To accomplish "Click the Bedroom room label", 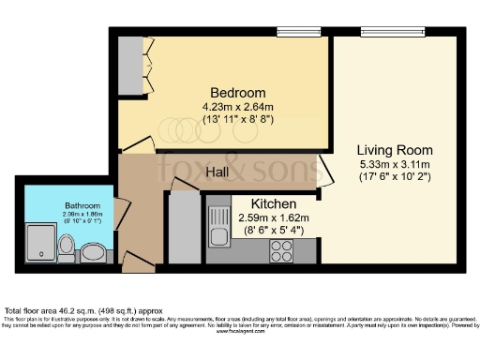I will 237,94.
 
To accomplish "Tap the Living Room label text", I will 395,150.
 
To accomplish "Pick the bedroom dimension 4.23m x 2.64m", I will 237,107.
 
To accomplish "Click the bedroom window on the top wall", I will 293,32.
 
